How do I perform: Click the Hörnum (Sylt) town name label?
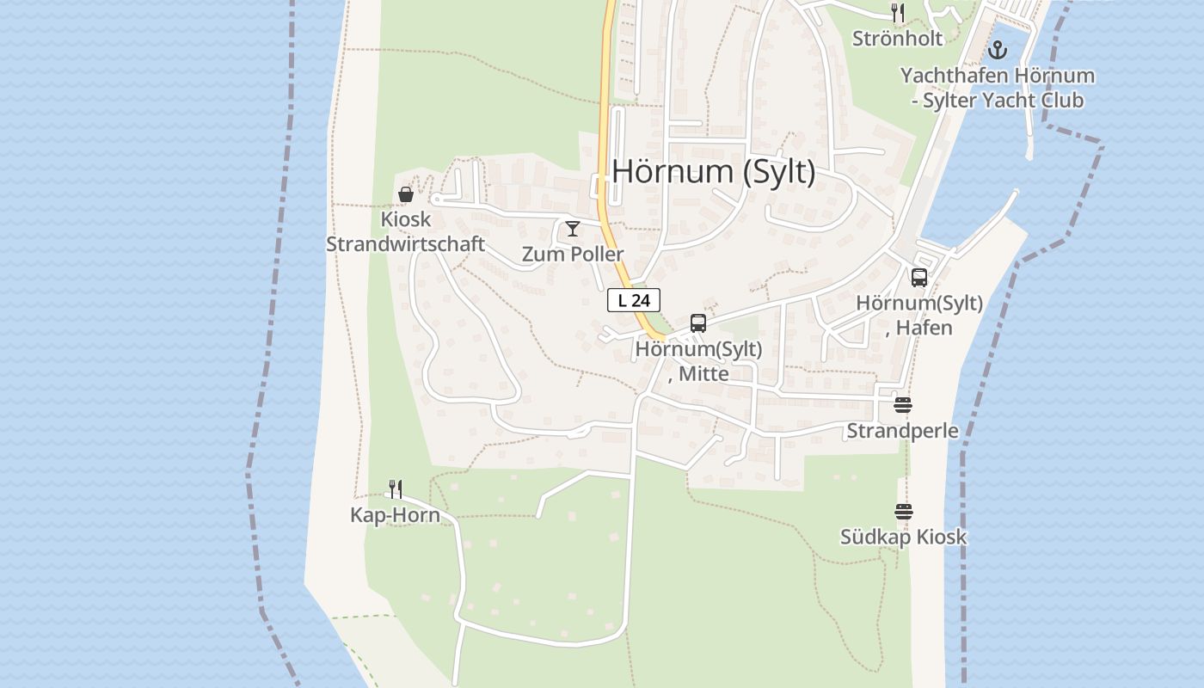pos(713,171)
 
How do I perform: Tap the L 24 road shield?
pos(634,300)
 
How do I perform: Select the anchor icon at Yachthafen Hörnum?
pos(998,50)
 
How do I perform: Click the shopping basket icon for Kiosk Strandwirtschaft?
pos(406,194)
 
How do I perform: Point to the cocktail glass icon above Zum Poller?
pos(573,229)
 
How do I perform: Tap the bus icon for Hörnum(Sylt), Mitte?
pos(698,323)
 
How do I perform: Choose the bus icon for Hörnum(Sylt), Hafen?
pos(919,277)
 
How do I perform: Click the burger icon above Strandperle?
pos(902,405)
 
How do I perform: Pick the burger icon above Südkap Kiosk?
pos(903,512)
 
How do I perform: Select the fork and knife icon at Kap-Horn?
pos(395,489)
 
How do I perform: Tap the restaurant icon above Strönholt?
pos(898,13)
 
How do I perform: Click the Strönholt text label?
pos(897,39)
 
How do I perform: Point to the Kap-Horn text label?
pos(395,515)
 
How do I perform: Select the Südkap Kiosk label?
pos(903,537)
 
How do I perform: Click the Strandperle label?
pos(902,430)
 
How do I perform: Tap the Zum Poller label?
pos(573,254)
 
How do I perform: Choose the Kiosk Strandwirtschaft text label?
pos(406,231)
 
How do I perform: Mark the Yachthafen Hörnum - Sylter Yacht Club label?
pos(998,88)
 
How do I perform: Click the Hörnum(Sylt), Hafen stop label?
pos(919,315)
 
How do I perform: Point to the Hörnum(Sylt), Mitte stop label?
pos(698,361)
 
